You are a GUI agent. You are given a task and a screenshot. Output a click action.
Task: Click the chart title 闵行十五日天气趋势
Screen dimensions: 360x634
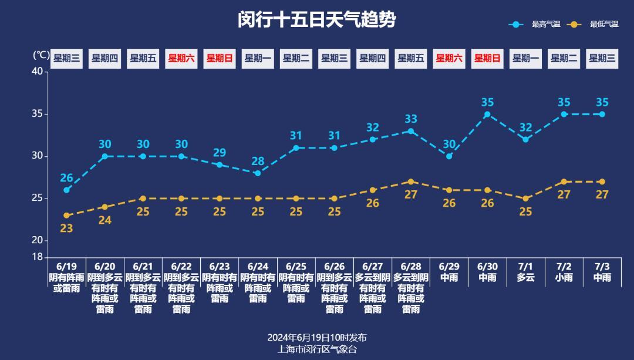click(317, 20)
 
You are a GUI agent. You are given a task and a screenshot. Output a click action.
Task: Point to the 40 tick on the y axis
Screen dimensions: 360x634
click(37, 72)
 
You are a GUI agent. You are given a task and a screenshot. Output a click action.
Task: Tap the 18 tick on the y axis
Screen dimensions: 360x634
click(37, 257)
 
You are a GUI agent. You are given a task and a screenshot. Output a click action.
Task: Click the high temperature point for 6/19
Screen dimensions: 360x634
click(66, 190)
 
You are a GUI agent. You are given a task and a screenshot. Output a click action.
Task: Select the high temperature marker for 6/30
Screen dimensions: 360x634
click(487, 115)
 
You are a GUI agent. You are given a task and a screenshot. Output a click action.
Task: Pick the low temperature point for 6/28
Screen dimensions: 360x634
click(411, 181)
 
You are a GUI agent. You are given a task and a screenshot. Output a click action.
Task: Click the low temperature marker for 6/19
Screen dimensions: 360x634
click(66, 216)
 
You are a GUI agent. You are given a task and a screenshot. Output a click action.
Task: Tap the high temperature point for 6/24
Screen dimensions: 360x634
click(258, 173)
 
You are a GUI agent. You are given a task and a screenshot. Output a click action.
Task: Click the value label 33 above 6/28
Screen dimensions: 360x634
click(411, 120)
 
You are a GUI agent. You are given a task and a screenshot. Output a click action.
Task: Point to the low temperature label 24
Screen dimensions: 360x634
click(104, 220)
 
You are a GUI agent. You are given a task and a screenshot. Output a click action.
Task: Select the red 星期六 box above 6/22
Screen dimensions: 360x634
click(181, 58)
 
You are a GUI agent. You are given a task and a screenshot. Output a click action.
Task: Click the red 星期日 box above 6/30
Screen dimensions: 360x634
click(487, 58)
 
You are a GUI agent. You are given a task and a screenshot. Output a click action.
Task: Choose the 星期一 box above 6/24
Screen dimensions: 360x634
click(258, 58)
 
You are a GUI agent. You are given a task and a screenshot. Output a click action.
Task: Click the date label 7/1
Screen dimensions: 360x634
click(525, 267)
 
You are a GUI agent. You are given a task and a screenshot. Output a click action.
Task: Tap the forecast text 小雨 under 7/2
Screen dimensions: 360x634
click(564, 277)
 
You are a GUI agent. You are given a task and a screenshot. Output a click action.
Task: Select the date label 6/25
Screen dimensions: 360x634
click(296, 267)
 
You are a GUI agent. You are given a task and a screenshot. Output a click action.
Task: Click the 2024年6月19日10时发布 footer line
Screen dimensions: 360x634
click(317, 338)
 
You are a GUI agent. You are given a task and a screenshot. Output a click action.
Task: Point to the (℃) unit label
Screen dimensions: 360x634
click(41, 55)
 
